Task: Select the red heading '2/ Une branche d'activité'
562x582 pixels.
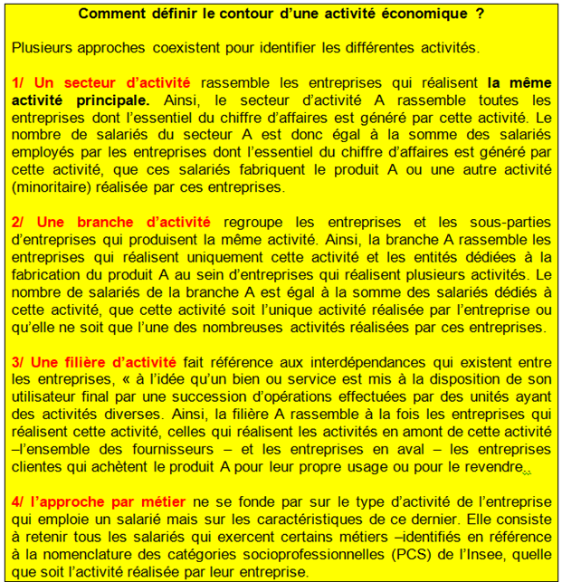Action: [111, 222]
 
